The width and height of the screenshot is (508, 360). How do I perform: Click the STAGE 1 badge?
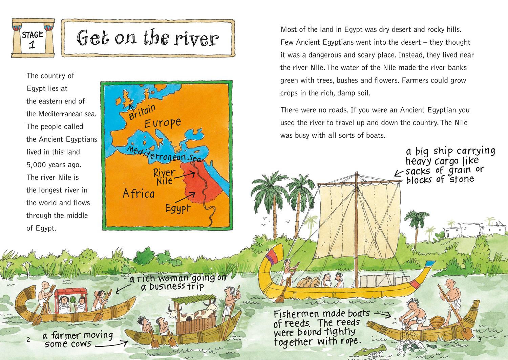pos(32,39)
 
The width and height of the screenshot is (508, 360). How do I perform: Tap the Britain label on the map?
pos(142,112)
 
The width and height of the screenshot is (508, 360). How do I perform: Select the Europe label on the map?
pos(163,123)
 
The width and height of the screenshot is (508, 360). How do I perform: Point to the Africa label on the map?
pos(138,194)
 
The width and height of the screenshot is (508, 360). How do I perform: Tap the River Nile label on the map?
pos(164,177)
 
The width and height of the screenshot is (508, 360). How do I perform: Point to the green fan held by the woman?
pos(72,299)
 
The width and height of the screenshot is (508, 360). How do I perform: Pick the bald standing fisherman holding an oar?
pos(452,298)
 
